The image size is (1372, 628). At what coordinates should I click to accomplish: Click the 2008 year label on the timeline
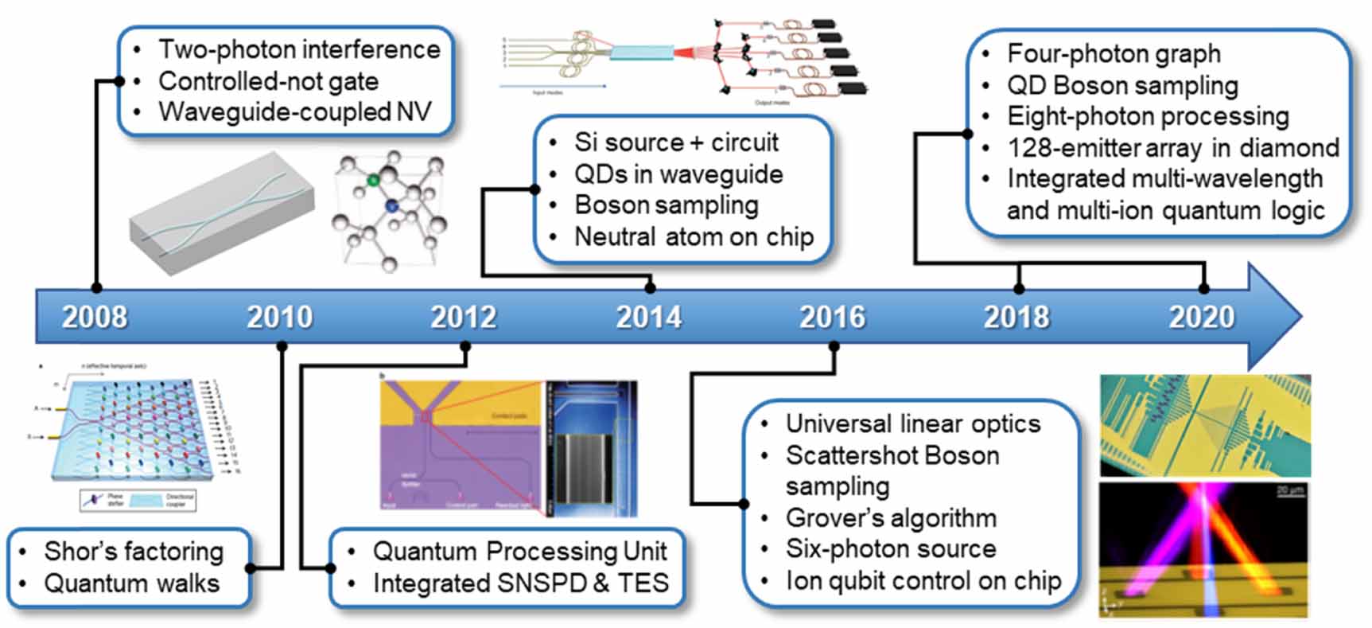click(x=94, y=318)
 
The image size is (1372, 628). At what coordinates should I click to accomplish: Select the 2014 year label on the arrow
click(x=648, y=318)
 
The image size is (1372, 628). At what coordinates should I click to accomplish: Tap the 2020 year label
click(x=1201, y=318)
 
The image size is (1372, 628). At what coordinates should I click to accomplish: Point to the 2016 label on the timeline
click(x=832, y=318)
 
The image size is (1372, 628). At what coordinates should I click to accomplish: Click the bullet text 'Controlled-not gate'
click(x=268, y=81)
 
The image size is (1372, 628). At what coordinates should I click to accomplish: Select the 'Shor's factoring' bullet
click(x=134, y=551)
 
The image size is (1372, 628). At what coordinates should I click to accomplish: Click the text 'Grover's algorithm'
click(x=891, y=518)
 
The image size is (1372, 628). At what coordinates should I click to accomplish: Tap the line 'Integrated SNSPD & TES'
click(x=520, y=583)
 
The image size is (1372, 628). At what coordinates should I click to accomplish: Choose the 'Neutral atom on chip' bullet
click(x=694, y=237)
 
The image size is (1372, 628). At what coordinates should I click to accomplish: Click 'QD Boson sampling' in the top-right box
click(x=1122, y=85)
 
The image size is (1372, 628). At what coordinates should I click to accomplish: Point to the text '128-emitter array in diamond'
click(x=1172, y=148)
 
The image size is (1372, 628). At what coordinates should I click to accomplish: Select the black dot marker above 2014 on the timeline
click(x=650, y=288)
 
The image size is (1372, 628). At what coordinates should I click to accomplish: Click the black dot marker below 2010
click(x=281, y=346)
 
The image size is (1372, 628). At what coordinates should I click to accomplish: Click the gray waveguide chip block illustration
click(x=221, y=213)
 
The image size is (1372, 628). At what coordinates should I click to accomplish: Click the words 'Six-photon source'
click(x=891, y=549)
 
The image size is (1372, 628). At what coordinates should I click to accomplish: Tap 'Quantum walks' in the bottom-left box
click(x=131, y=583)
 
